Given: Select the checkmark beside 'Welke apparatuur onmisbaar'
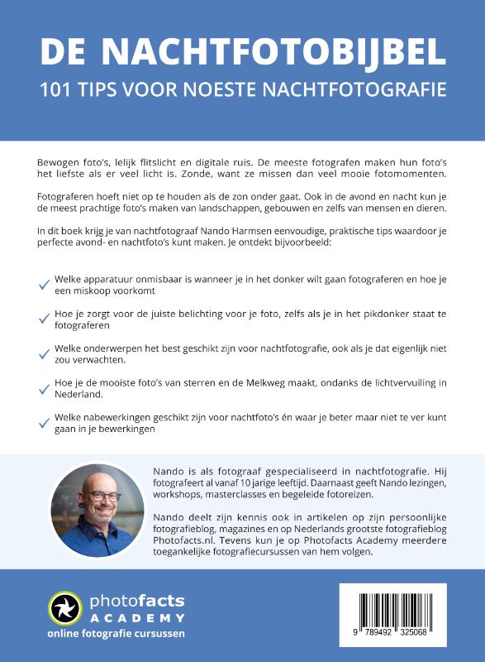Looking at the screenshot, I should [44, 285].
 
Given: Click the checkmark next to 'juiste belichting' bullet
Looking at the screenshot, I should [44, 319].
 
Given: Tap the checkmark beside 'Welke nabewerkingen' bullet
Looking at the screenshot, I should [44, 423].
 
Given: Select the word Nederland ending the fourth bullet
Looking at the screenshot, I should [81, 396].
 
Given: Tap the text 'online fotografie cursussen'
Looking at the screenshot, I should [116, 634].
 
